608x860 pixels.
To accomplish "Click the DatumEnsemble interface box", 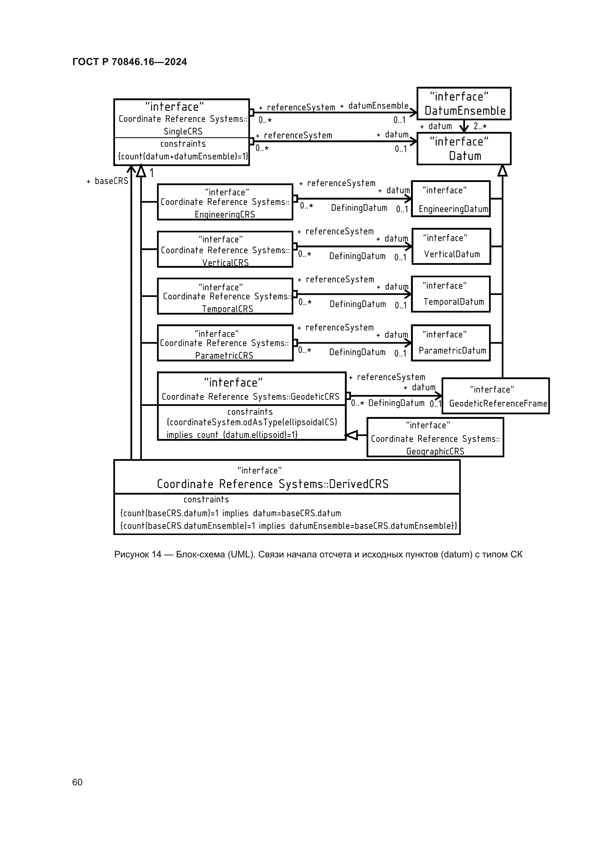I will point(464,104).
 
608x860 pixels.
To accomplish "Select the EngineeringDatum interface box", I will point(451,199).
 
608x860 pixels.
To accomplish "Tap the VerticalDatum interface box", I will point(451,246).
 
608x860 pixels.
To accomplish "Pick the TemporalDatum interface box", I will point(451,294).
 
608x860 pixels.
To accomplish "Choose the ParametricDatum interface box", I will point(451,343).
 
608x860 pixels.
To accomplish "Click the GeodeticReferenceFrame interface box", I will point(496,396).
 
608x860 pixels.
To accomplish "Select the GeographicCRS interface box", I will point(435,438).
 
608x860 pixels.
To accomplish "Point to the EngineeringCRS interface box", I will point(225,202).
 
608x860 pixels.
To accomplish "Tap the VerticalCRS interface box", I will point(225,249).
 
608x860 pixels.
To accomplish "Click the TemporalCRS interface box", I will point(225,296).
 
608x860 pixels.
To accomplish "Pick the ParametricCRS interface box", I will point(225,343).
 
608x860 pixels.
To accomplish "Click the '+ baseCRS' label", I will point(107,181).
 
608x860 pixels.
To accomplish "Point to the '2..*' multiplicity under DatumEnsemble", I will point(480,126).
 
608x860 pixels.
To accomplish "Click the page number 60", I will point(77,782).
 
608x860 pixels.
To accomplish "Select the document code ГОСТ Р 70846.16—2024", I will point(129,62).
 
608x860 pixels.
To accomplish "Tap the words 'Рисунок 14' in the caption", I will point(137,554).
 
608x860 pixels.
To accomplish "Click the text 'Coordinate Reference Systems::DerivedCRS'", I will point(272,484).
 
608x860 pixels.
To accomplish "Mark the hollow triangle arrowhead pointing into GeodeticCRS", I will point(351,435).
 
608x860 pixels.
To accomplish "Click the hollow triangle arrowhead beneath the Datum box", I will point(503,171).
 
